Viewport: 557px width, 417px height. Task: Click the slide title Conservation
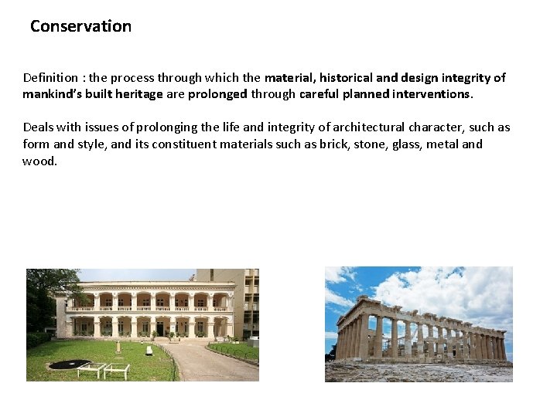[80, 26]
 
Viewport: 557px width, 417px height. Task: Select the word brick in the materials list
[333, 144]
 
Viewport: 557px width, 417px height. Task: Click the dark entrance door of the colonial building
[160, 330]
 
